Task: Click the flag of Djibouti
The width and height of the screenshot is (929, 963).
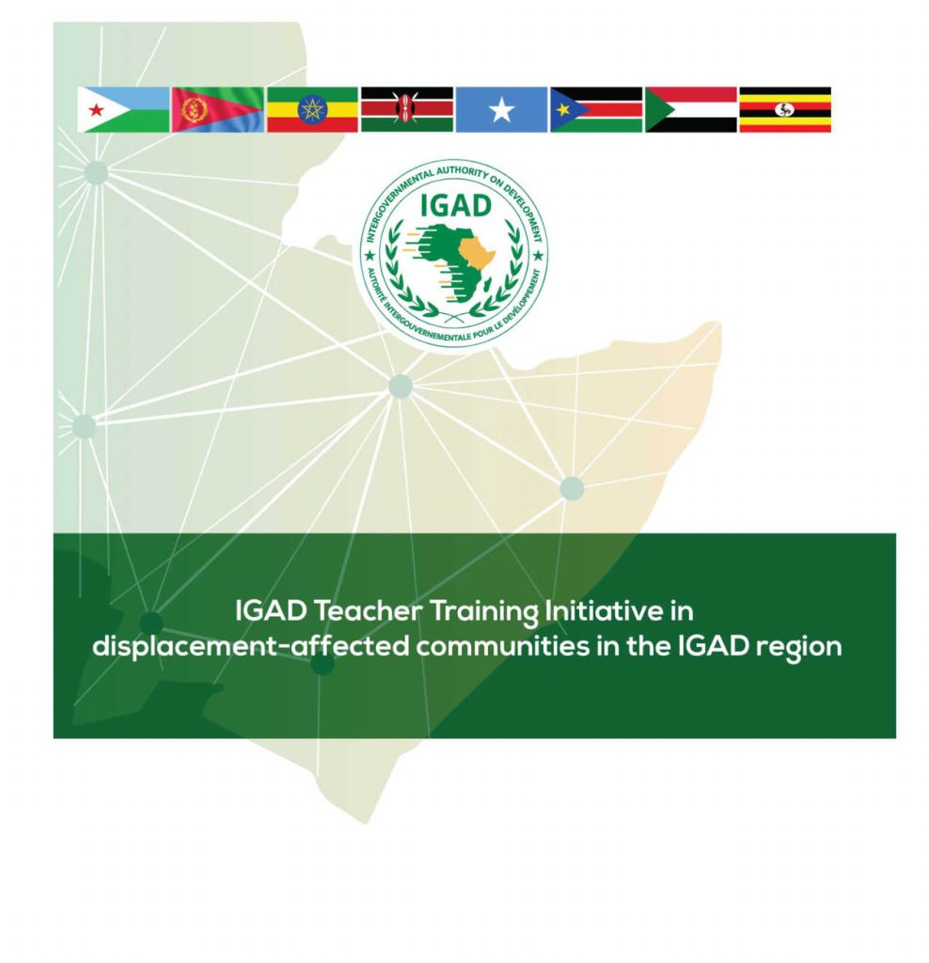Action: click(123, 110)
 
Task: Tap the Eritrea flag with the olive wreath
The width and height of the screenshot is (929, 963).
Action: click(217, 110)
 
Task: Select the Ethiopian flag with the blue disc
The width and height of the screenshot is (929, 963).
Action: click(312, 110)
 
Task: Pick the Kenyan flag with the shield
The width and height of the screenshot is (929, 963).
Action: click(406, 110)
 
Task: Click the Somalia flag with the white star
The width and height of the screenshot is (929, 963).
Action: click(501, 110)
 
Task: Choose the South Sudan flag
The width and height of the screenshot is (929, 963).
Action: click(596, 110)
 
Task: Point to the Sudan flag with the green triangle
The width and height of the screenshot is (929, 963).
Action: click(690, 110)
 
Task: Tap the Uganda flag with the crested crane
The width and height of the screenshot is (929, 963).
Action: click(785, 110)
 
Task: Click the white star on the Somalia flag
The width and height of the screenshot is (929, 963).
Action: click(501, 111)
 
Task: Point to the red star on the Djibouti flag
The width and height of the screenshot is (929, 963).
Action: click(95, 111)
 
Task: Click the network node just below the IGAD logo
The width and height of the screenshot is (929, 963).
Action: click(401, 386)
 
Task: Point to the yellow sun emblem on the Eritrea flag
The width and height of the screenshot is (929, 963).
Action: click(194, 110)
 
